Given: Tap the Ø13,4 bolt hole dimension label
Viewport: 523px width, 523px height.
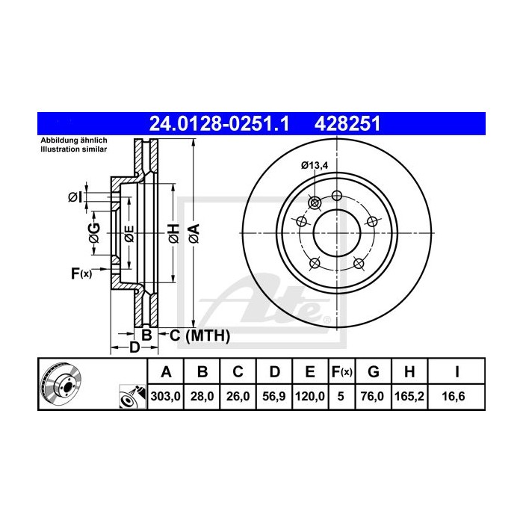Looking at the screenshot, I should pyautogui.click(x=315, y=166).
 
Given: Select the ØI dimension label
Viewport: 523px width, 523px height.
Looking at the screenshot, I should pyautogui.click(x=74, y=197).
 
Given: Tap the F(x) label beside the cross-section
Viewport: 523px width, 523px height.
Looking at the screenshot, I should pyautogui.click(x=81, y=274).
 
